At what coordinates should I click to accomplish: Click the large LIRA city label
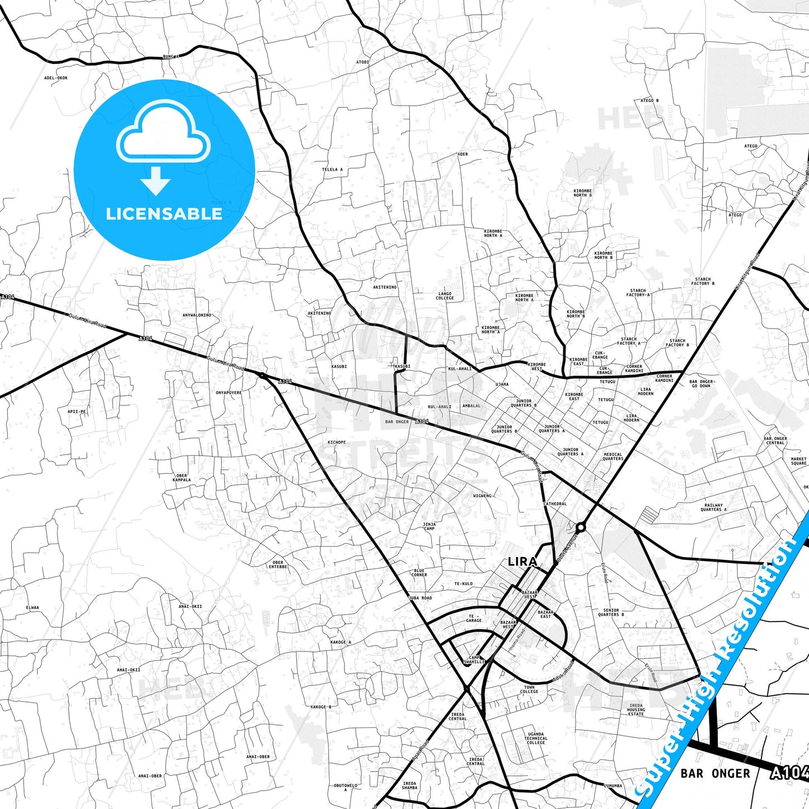pyautogui.click(x=522, y=562)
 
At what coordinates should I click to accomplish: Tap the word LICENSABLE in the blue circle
pyautogui.click(x=164, y=213)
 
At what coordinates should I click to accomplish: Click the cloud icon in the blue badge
pyautogui.click(x=163, y=132)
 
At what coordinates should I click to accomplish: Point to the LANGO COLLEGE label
pyautogui.click(x=445, y=296)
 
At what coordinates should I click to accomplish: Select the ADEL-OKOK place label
pyautogui.click(x=56, y=78)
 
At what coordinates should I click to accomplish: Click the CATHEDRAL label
pyautogui.click(x=555, y=504)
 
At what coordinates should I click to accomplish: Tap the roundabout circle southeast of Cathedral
pyautogui.click(x=581, y=527)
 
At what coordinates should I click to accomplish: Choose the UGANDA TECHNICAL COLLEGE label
pyautogui.click(x=536, y=738)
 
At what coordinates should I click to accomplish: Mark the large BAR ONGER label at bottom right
pyautogui.click(x=715, y=774)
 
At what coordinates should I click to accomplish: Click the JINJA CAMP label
pyautogui.click(x=429, y=526)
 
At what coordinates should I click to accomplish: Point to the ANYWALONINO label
pyautogui.click(x=197, y=315)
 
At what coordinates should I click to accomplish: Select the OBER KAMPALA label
pyautogui.click(x=181, y=478)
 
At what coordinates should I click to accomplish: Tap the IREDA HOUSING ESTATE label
pyautogui.click(x=636, y=709)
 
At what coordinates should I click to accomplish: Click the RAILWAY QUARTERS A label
pyautogui.click(x=714, y=507)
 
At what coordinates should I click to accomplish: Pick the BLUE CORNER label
pyautogui.click(x=419, y=573)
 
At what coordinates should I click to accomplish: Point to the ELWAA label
pyautogui.click(x=32, y=607)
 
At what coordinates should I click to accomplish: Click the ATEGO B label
pyautogui.click(x=649, y=101)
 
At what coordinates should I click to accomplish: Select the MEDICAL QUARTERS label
pyautogui.click(x=613, y=456)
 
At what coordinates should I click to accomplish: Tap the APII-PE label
pyautogui.click(x=77, y=411)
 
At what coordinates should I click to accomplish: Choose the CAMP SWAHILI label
pyautogui.click(x=474, y=660)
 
